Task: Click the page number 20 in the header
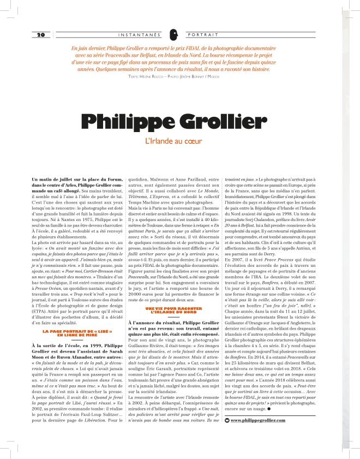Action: click(40, 34)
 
